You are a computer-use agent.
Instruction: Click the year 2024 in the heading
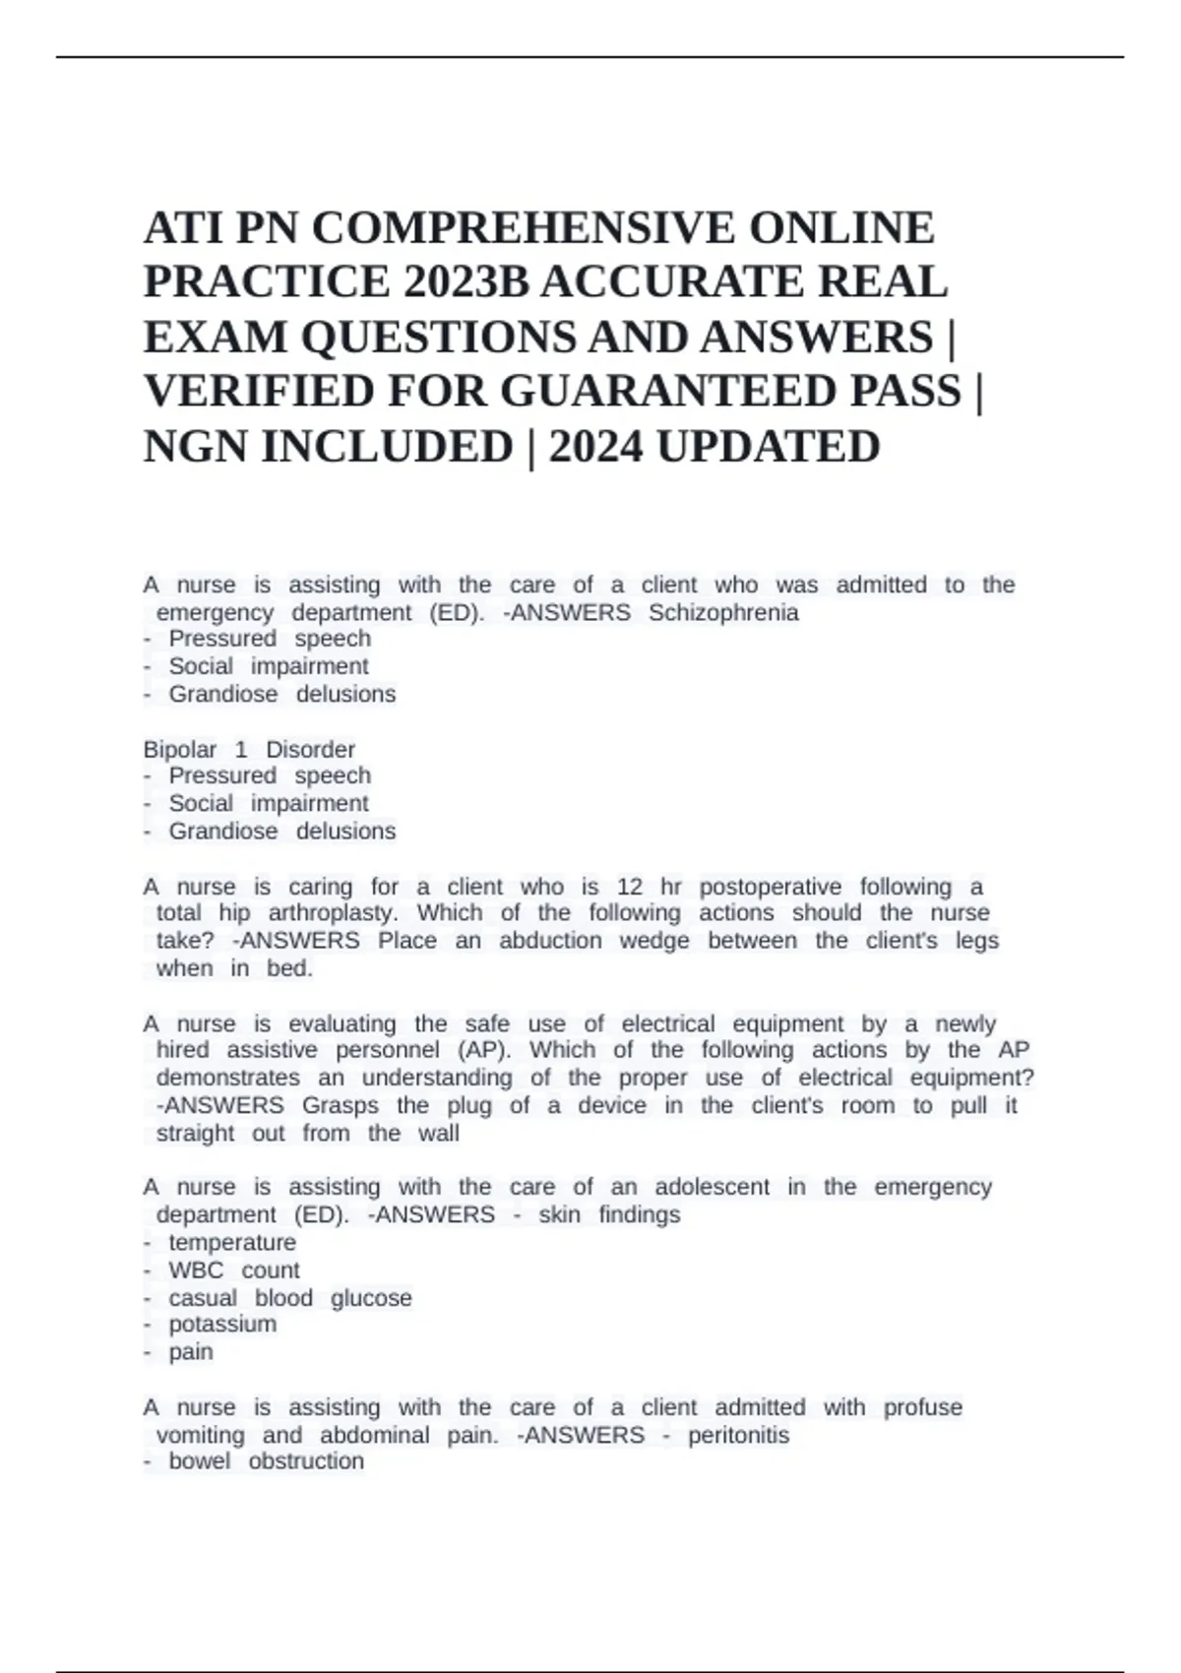click(x=595, y=447)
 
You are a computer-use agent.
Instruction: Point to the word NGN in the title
click(x=194, y=447)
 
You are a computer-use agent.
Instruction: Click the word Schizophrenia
click(x=723, y=612)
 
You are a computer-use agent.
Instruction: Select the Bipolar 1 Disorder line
click(x=249, y=749)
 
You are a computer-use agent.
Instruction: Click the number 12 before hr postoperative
click(x=630, y=887)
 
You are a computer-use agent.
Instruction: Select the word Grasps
click(x=340, y=1105)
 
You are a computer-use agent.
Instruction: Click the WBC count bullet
click(x=233, y=1270)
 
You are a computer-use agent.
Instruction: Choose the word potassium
click(x=222, y=1324)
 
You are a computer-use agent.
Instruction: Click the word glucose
click(x=371, y=1298)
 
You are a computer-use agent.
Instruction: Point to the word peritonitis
click(x=738, y=1435)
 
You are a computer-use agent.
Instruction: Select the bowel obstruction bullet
click(x=266, y=1461)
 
